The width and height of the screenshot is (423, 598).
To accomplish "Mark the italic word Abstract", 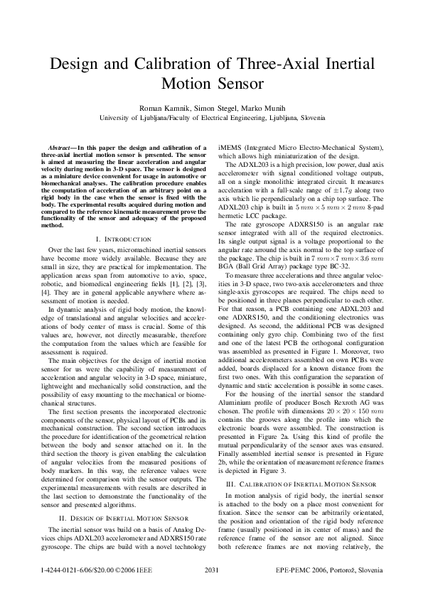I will coord(57,147).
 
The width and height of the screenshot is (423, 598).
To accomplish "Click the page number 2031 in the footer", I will coord(211,571).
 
